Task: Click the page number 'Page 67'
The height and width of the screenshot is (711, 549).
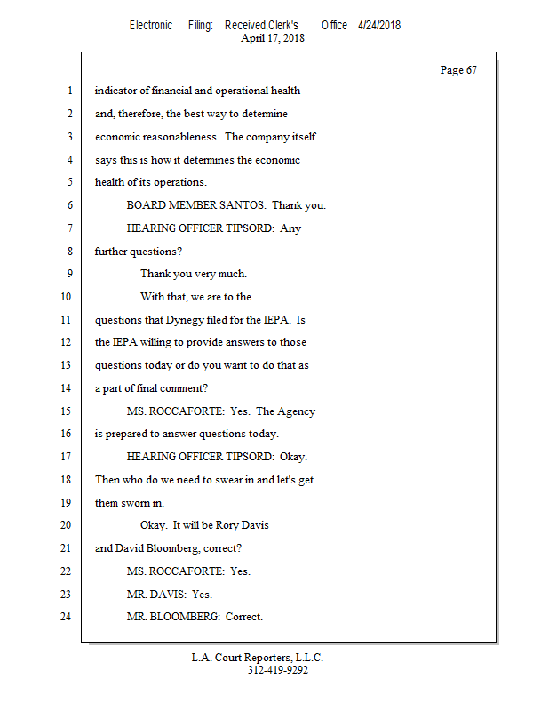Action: click(458, 70)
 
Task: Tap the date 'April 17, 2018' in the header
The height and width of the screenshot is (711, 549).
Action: click(274, 38)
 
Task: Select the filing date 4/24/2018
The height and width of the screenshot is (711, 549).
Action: click(379, 25)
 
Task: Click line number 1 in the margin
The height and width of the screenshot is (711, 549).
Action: click(68, 91)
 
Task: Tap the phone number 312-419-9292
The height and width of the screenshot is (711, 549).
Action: click(278, 671)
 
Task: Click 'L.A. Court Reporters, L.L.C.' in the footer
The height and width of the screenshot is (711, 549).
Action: click(258, 658)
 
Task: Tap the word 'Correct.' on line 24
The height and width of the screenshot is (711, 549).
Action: click(244, 617)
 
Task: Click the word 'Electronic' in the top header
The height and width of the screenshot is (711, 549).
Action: click(151, 25)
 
